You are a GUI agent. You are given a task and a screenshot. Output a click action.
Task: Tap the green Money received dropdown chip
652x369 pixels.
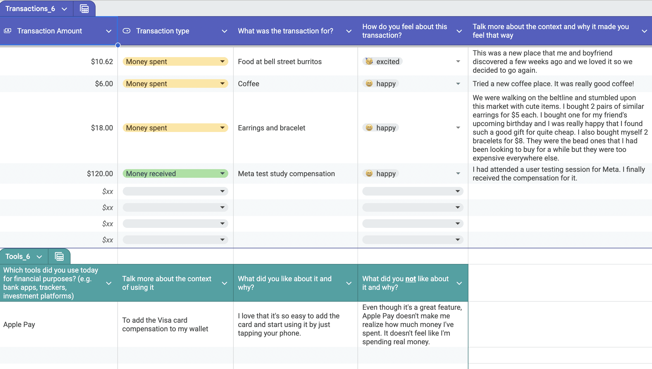tap(175, 174)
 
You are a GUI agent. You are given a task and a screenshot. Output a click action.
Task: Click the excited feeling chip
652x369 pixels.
tap(383, 62)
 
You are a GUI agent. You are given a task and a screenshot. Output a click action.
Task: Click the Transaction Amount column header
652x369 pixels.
tap(59, 31)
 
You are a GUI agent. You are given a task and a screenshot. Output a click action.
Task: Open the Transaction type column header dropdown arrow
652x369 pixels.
tap(224, 31)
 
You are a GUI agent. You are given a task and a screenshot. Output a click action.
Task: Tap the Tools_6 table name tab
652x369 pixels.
tap(24, 256)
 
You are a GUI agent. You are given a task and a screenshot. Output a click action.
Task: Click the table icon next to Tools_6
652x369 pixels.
tap(59, 256)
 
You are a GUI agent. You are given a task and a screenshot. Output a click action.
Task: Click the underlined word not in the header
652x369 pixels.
tap(411, 279)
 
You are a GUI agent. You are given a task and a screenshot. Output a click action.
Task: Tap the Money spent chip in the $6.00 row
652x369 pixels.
tap(175, 84)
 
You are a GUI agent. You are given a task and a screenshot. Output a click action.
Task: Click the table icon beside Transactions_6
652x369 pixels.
tap(84, 9)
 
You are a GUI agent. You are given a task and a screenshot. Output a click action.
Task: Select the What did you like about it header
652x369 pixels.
tap(285, 283)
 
